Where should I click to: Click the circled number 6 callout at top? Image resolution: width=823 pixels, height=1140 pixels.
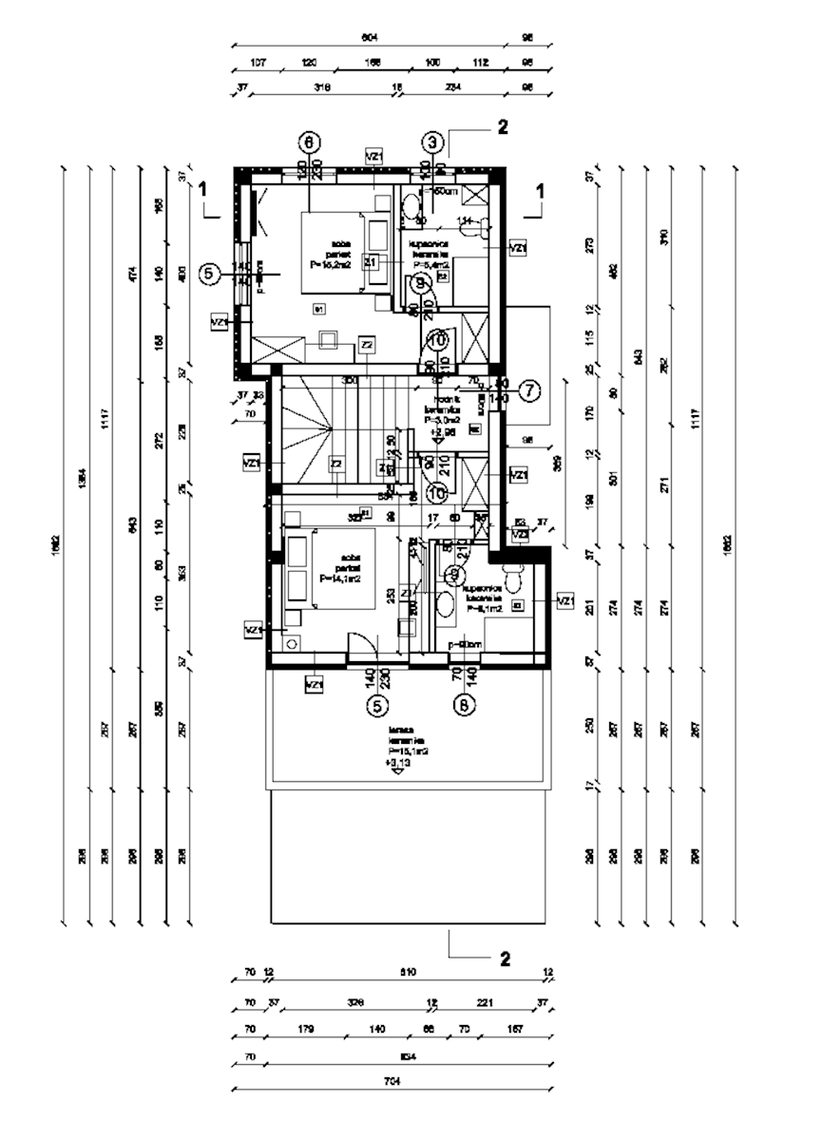tap(308, 142)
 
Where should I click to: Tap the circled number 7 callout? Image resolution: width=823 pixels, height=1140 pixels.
tap(529, 389)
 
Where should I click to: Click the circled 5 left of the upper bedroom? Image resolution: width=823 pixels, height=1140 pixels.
tap(211, 275)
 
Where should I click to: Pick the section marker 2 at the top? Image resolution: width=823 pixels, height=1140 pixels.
tap(503, 126)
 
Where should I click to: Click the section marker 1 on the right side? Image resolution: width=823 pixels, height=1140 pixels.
tap(540, 190)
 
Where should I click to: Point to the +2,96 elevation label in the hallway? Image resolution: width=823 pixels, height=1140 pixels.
tap(437, 429)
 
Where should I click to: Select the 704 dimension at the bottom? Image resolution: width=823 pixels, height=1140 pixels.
tap(392, 1081)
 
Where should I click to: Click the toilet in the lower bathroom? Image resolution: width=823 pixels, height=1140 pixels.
tap(514, 578)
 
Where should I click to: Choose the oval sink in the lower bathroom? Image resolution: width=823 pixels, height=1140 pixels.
tap(445, 604)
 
